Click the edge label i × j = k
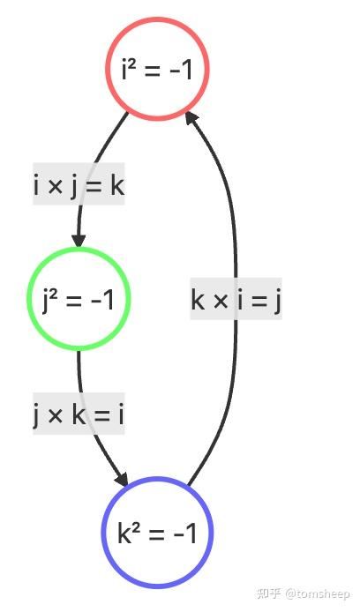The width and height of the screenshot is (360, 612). (x=79, y=183)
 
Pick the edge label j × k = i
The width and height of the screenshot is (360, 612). (x=79, y=414)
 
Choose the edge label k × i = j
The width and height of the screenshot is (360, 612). (x=236, y=299)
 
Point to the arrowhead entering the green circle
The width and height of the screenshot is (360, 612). (x=79, y=240)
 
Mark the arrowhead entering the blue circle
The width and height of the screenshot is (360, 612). (x=122, y=480)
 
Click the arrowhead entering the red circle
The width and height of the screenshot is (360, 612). (x=191, y=118)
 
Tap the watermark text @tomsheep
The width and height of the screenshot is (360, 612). (x=317, y=594)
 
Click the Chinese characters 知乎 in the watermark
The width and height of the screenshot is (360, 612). (x=269, y=593)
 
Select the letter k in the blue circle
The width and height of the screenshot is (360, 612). (x=124, y=533)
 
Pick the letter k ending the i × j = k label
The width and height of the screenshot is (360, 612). (x=117, y=184)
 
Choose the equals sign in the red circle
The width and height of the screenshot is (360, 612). (x=151, y=71)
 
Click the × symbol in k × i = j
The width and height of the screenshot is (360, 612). (x=221, y=301)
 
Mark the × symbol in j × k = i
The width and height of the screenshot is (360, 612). (x=56, y=415)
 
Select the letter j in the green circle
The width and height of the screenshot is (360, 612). (x=46, y=300)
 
